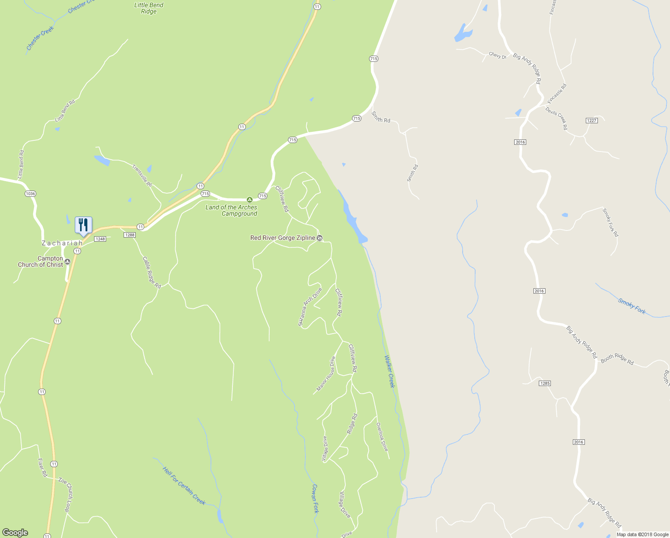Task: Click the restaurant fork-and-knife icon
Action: coord(83,225)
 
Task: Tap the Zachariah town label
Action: coord(62,243)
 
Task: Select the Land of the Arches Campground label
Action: coord(232,211)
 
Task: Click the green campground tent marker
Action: coord(249,200)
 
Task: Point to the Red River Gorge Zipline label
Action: coord(283,238)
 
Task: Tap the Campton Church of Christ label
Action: coord(40,261)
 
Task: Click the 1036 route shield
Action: coord(30,194)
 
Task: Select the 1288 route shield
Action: coord(129,235)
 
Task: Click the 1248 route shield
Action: coord(100,239)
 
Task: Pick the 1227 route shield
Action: coord(592,121)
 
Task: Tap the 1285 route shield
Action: coord(545,383)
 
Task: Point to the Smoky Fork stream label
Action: coord(632,306)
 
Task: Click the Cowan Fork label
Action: coord(315,499)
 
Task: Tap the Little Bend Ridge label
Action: coord(149,8)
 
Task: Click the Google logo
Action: coord(15,533)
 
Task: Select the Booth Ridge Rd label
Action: coord(617,360)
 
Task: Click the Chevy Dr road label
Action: coord(497,56)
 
